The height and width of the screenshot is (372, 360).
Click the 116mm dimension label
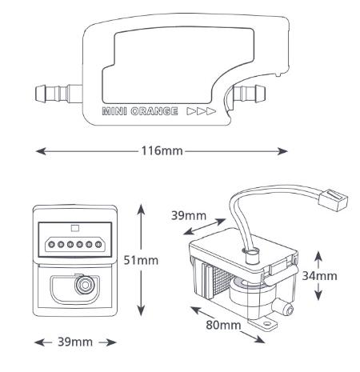162,151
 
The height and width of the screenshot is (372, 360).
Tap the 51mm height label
141,260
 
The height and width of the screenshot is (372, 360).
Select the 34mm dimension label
319,276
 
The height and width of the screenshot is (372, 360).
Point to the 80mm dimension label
223,325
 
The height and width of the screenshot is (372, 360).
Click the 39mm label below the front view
75,342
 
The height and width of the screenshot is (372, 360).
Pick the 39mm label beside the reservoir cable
189,215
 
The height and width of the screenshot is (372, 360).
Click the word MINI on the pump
114,111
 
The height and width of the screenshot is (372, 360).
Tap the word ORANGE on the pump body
154,111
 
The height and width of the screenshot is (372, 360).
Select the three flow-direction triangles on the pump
202,111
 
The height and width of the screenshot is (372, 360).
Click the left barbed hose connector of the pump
58,94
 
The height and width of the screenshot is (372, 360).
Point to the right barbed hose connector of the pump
250,93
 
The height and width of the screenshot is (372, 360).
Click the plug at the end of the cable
333,200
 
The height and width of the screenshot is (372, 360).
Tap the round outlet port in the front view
85,285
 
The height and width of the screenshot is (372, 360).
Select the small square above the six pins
75,228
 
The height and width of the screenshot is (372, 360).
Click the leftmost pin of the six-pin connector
51,244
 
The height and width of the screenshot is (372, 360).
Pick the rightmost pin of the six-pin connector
98,244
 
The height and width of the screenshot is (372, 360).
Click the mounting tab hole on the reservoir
266,324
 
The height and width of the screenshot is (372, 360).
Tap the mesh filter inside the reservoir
222,282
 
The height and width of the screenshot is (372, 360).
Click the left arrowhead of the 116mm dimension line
41,151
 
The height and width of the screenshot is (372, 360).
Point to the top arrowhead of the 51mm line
141,210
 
